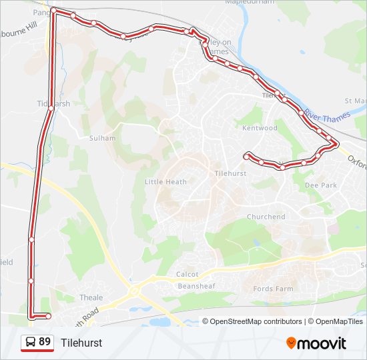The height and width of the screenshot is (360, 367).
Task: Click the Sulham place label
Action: pos(102,138)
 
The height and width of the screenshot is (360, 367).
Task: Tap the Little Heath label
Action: pos(165,181)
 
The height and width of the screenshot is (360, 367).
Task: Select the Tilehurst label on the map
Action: pos(231,173)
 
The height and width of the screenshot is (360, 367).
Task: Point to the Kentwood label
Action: pos(260,127)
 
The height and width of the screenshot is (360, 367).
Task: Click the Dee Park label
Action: pos(321,185)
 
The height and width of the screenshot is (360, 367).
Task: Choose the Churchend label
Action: pos(266,217)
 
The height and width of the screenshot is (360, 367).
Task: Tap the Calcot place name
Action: pos(187,274)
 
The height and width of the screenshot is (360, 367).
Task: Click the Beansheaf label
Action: pos(196,285)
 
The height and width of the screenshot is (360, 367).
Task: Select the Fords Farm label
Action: pos(273,289)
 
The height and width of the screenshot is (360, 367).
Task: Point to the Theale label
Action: pos(91,297)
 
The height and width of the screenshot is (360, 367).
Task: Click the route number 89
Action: pos(45,342)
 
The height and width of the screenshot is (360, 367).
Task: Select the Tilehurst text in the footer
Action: pos(81,343)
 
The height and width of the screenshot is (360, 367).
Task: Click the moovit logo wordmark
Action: pos(322,343)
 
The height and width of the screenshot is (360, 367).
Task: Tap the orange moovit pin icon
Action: pos(292,343)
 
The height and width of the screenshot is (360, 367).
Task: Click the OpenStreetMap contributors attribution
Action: pos(256,321)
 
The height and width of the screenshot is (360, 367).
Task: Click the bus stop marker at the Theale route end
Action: pos(48,315)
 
